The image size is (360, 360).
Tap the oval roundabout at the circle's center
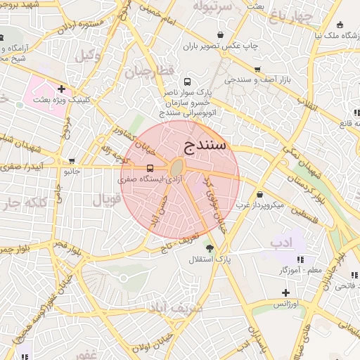tap(176, 167)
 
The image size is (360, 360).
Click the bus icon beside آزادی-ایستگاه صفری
tap(149, 168)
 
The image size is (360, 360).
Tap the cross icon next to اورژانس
tap(285, 292)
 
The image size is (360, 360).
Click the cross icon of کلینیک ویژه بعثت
tap(62, 89)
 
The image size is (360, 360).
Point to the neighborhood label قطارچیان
tap(148, 71)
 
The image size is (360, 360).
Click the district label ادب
tap(281, 242)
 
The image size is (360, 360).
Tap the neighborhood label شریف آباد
tap(186, 307)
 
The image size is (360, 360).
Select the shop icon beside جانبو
tap(71, 161)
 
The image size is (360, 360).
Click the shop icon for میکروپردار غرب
tap(260, 195)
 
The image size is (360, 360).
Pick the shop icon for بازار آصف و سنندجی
tap(257, 70)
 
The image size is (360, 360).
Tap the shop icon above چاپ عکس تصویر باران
tap(221, 34)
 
